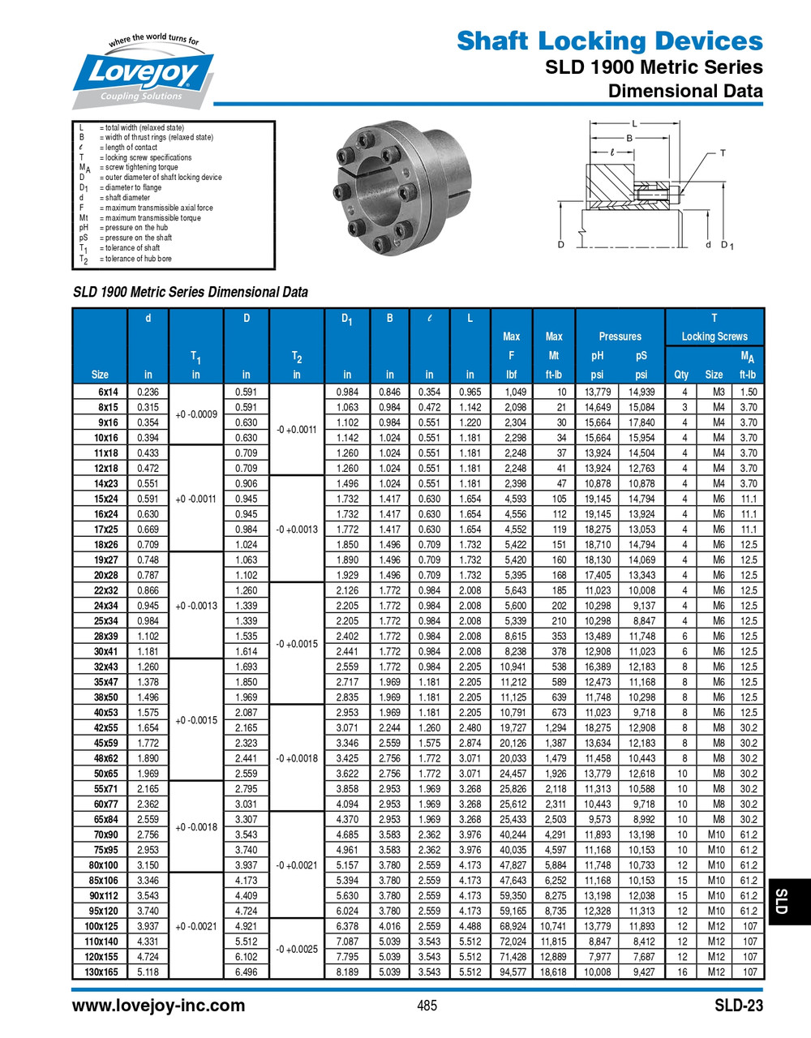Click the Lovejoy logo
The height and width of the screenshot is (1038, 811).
click(x=144, y=74)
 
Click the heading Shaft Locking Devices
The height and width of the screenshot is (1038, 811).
click(x=609, y=41)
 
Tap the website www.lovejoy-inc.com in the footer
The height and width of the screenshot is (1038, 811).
click(x=158, y=1006)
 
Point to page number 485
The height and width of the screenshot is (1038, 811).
click(x=427, y=1006)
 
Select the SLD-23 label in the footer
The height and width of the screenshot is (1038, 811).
click(x=738, y=1006)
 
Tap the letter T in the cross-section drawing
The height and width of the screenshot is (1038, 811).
click(x=723, y=152)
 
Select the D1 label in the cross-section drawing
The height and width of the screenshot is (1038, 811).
click(x=727, y=245)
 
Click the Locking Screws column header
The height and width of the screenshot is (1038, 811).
click(x=714, y=337)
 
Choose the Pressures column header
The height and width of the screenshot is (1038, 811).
click(x=620, y=337)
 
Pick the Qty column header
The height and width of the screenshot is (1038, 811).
click(x=681, y=375)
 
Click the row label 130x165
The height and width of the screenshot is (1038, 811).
click(x=101, y=972)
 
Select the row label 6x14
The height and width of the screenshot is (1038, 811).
click(x=108, y=392)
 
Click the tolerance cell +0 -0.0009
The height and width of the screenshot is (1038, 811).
click(x=195, y=414)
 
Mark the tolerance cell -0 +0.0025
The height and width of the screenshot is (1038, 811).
click(x=297, y=949)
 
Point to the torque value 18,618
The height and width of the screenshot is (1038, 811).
click(x=553, y=972)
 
